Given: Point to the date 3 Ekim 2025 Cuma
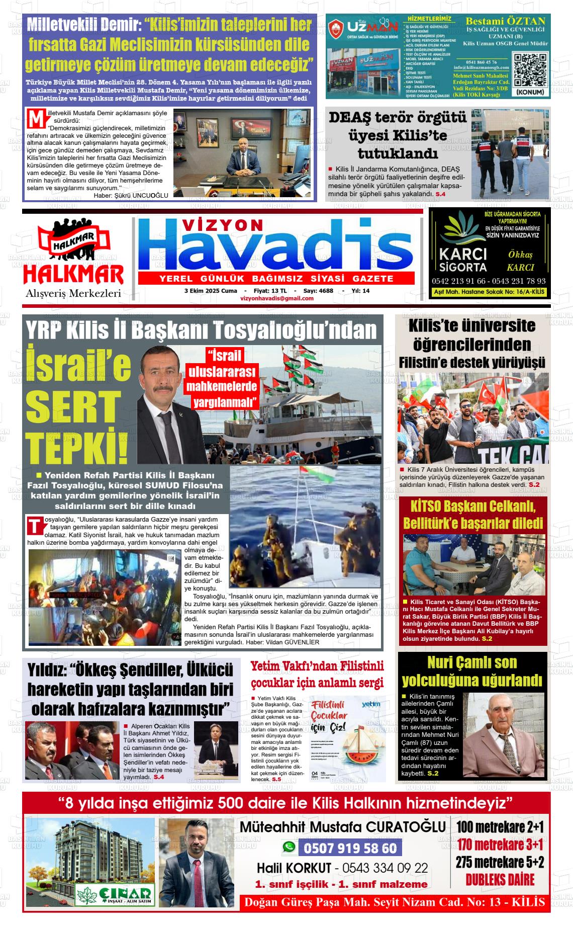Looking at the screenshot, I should [x=211, y=291].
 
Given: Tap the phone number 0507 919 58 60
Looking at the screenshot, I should [x=350, y=849].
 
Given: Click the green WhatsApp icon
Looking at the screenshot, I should [x=289, y=848].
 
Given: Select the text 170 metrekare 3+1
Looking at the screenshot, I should [x=500, y=844].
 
